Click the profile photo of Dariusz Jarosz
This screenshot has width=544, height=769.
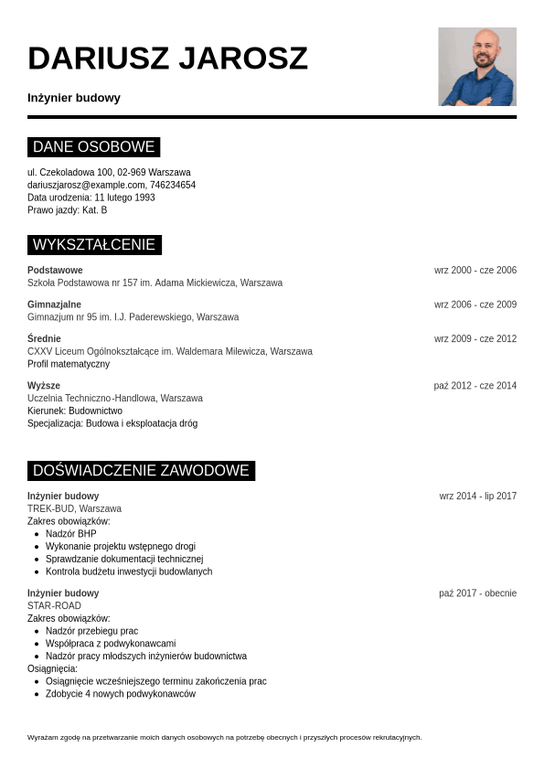(x=477, y=67)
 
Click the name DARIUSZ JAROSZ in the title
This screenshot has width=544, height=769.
(x=167, y=59)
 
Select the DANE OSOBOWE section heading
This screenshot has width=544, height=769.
(x=93, y=147)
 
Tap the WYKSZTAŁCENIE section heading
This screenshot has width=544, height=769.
(x=94, y=245)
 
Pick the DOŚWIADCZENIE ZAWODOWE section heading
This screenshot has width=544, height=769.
(x=141, y=471)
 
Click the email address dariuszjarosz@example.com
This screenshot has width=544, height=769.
(x=86, y=185)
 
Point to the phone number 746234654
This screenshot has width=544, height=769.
(x=173, y=185)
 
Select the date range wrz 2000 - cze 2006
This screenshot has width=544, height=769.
(x=475, y=271)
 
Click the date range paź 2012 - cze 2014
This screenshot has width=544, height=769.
(x=475, y=386)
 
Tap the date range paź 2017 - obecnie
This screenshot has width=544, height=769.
(x=477, y=593)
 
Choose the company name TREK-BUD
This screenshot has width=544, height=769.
(x=51, y=509)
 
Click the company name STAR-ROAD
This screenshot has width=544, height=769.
(x=54, y=606)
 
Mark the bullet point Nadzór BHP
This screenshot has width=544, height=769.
(x=70, y=534)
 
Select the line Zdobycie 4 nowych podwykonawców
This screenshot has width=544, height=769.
(x=120, y=694)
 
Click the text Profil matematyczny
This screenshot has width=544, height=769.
(x=69, y=364)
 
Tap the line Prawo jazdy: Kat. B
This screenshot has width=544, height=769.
(x=67, y=210)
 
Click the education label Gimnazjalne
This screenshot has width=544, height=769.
(x=54, y=304)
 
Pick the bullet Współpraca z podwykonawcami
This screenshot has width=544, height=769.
(x=110, y=644)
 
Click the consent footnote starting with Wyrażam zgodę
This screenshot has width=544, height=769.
(x=224, y=737)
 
